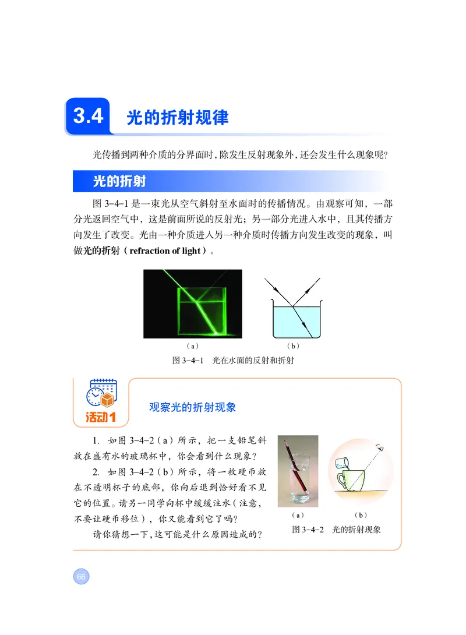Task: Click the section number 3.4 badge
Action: (x=89, y=116)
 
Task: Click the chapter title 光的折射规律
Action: (x=178, y=118)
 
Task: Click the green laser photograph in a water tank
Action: (x=193, y=304)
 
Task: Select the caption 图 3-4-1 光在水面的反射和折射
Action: (x=233, y=361)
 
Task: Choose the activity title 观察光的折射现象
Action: (x=193, y=407)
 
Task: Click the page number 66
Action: (x=80, y=577)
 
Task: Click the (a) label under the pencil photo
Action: (x=298, y=516)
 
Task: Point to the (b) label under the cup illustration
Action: (x=359, y=516)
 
